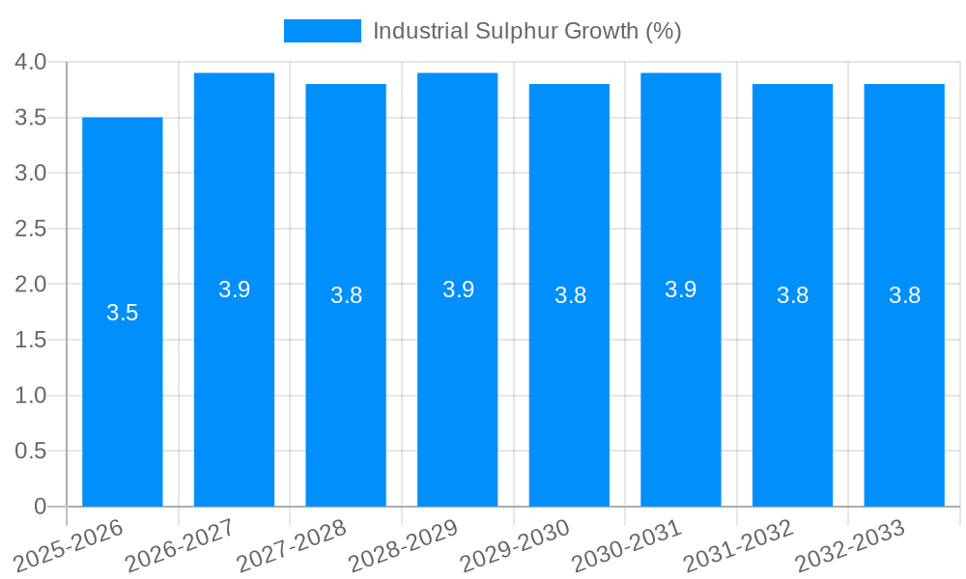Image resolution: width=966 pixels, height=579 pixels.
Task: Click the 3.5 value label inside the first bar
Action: click(123, 313)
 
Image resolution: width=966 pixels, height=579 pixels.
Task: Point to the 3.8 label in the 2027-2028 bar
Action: click(346, 295)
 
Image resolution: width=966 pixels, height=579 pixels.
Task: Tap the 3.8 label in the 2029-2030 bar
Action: click(570, 295)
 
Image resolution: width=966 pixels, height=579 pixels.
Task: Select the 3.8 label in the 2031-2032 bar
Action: click(793, 295)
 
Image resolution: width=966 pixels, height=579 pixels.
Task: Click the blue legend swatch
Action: click(323, 31)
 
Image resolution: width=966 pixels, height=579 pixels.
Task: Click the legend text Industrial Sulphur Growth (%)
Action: click(526, 31)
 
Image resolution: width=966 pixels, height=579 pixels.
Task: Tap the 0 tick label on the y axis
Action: click(40, 507)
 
